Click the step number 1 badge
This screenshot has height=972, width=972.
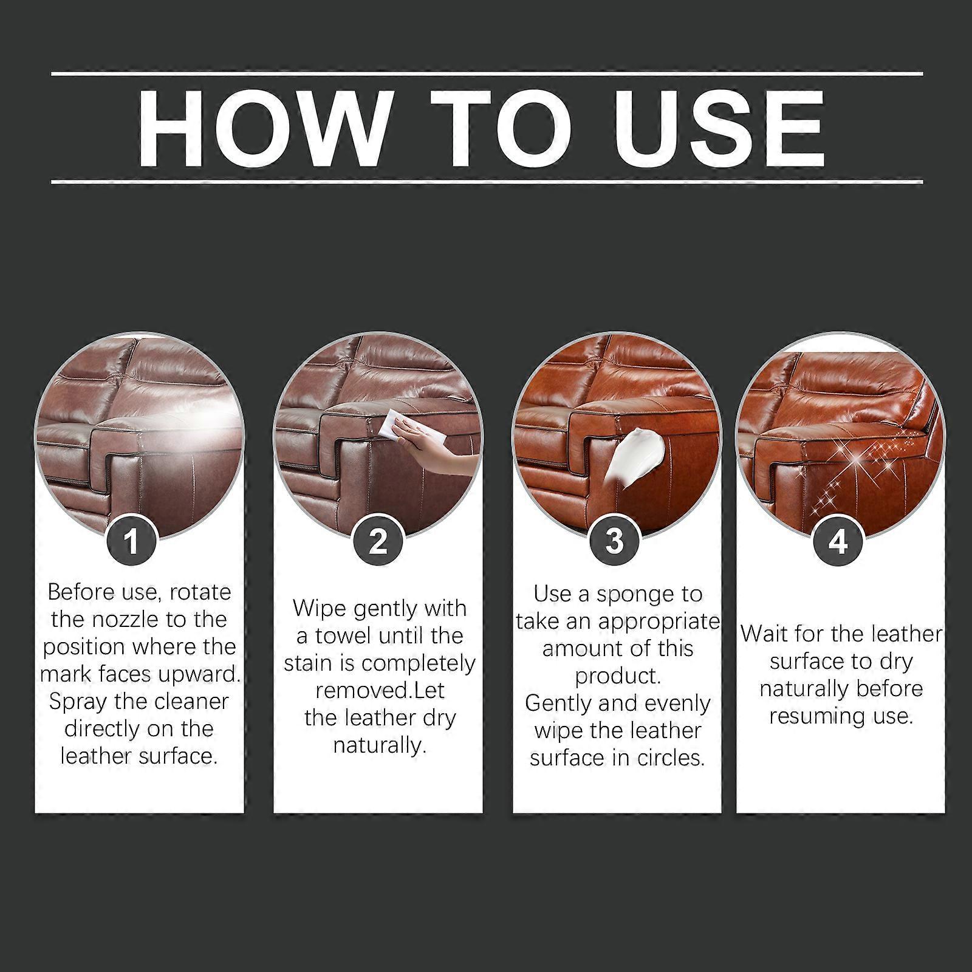pos(132,540)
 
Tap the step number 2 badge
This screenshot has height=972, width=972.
pos(377,540)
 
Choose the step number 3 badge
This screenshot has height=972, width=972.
pos(614,540)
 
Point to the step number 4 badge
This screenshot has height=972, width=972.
pos(838,540)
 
